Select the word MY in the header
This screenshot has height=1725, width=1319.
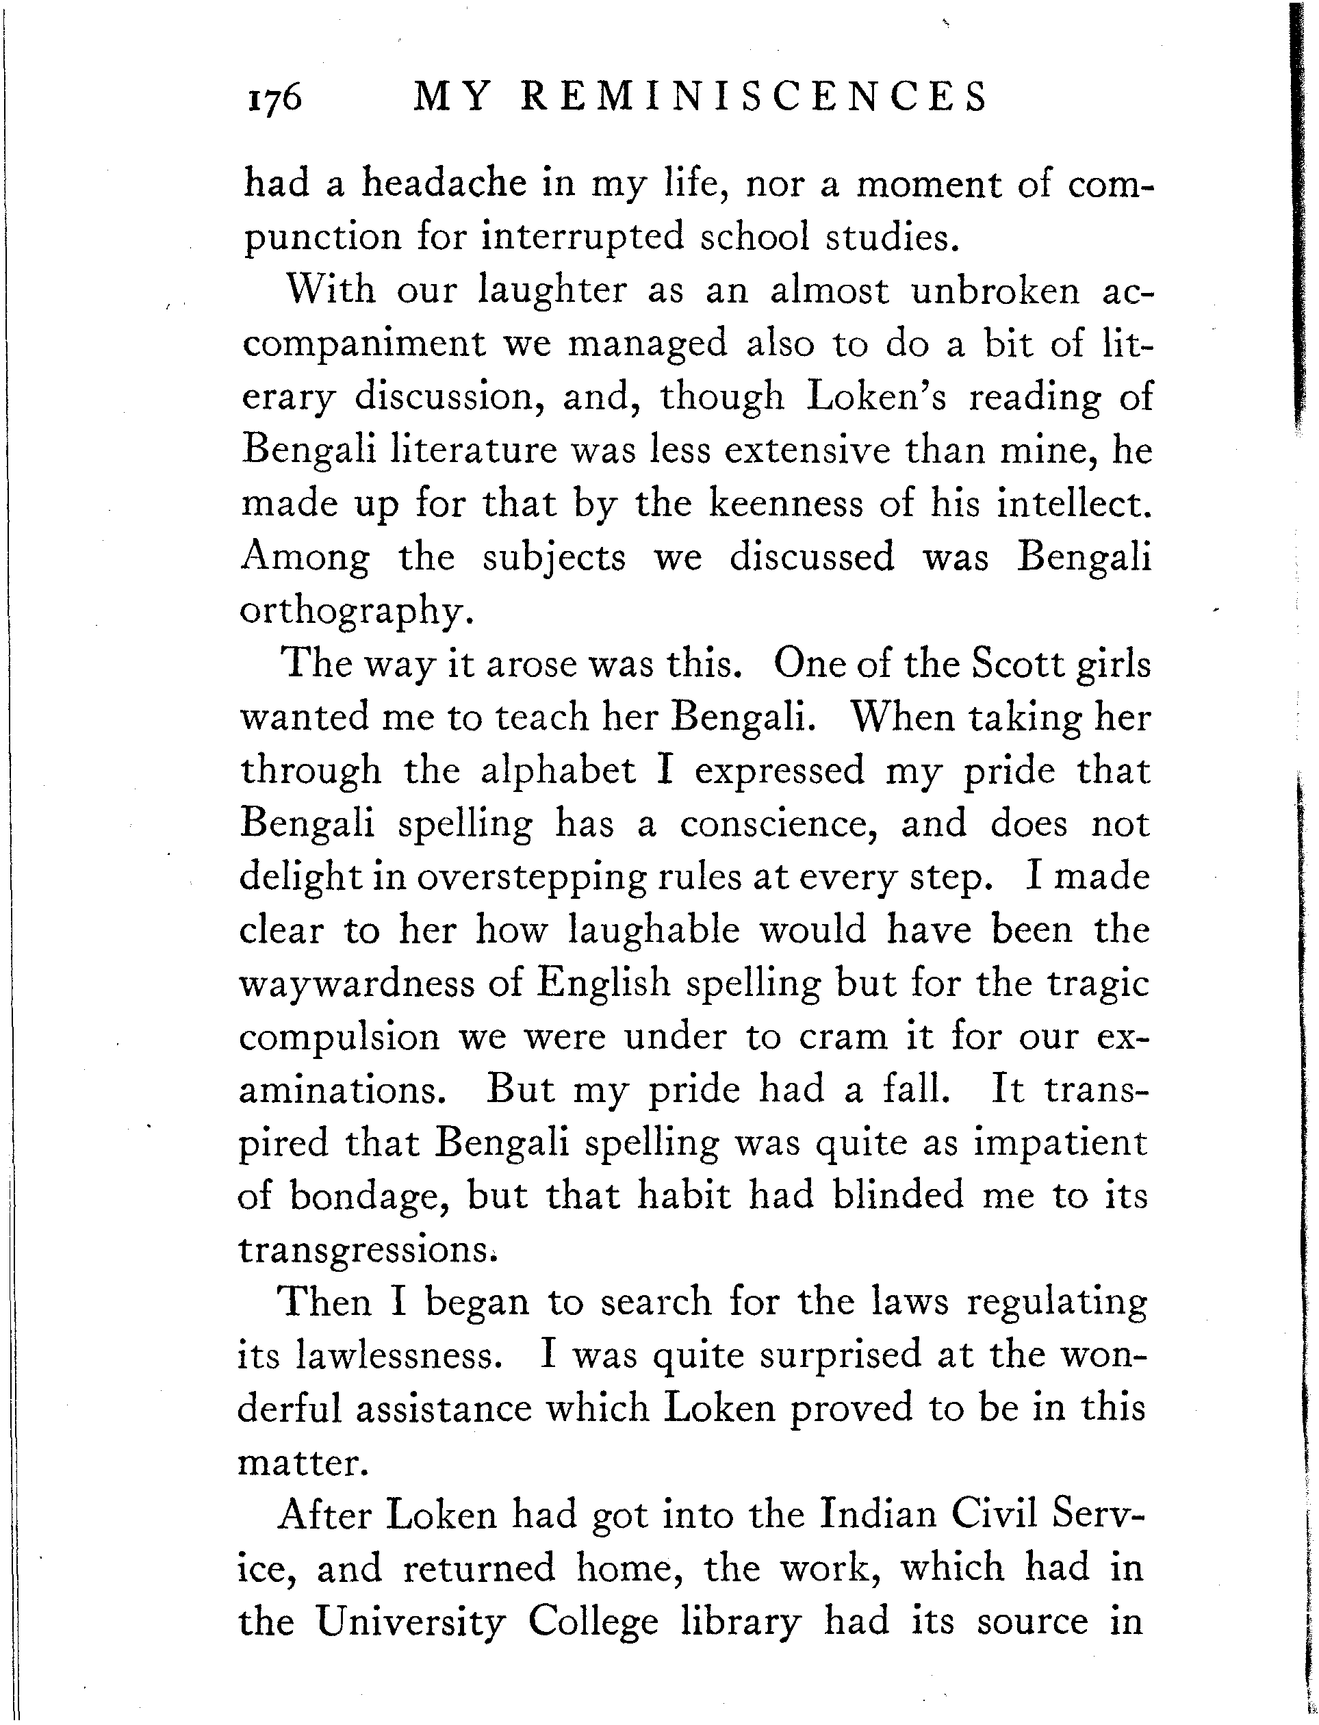(x=453, y=97)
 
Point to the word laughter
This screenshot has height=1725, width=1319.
(x=553, y=290)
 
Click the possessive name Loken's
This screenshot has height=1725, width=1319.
(x=876, y=396)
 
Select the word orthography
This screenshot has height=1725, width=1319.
(x=357, y=611)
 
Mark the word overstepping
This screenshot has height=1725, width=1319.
(x=532, y=877)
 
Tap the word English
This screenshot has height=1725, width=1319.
(x=602, y=984)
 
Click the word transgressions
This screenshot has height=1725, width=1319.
(x=367, y=1250)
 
